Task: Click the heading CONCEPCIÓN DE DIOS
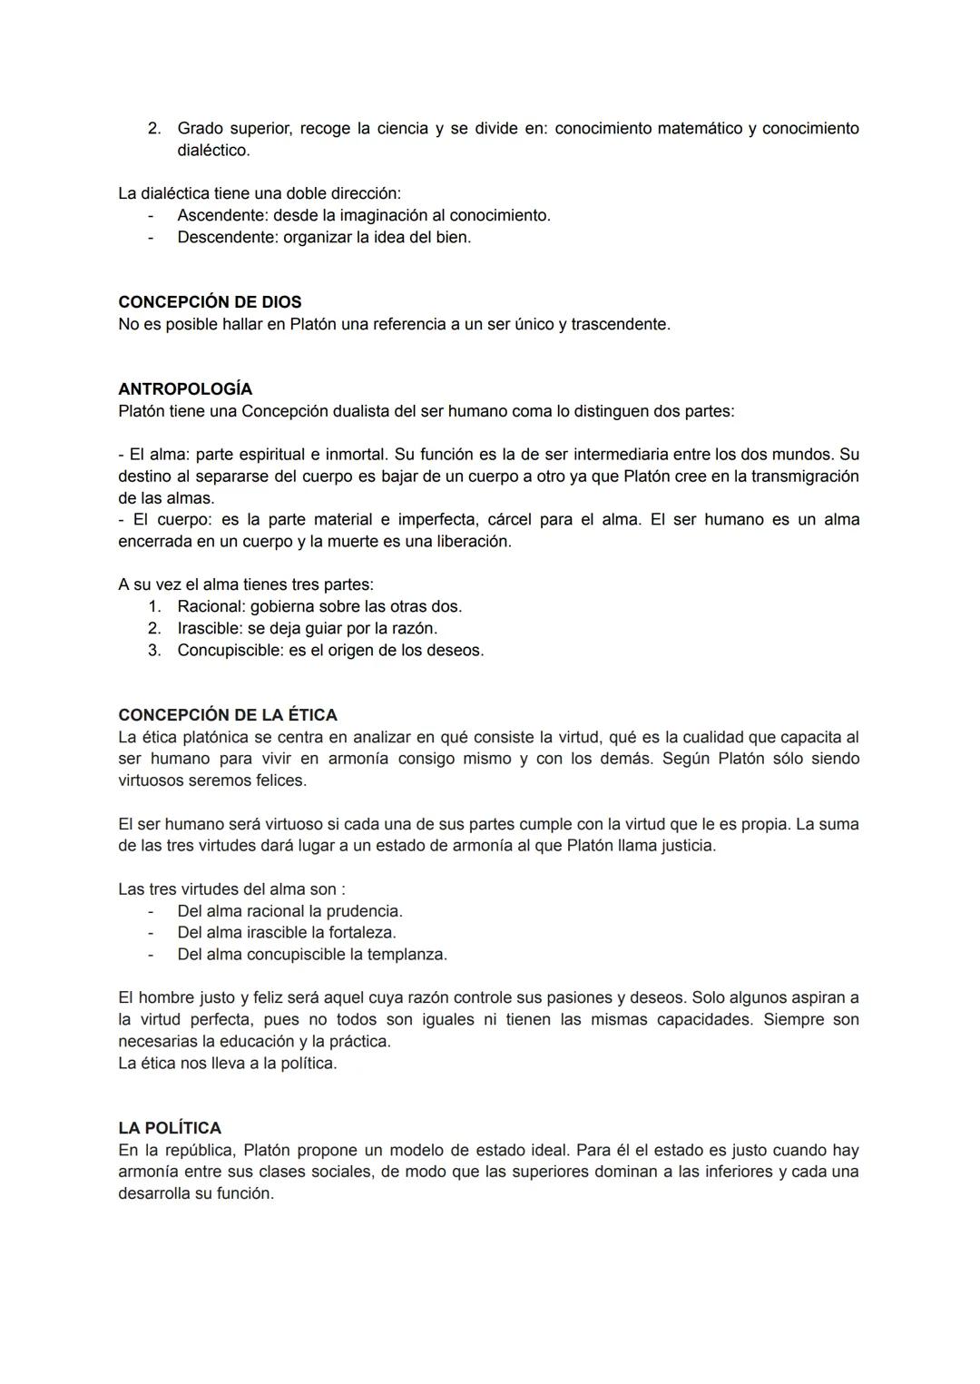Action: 210,302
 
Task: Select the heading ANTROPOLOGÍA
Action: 185,389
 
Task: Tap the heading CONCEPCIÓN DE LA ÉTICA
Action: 228,715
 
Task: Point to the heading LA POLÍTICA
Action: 170,1128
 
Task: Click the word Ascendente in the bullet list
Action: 220,216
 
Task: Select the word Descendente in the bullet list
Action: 226,238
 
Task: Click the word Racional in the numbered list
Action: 210,606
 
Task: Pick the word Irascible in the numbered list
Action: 208,628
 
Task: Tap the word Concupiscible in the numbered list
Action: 229,651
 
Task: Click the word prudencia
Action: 364,911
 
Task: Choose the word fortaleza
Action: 360,933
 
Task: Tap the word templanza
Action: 407,955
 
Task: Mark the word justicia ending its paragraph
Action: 682,846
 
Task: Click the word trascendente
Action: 620,324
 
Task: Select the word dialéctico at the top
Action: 212,151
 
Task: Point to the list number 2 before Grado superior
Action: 154,129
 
